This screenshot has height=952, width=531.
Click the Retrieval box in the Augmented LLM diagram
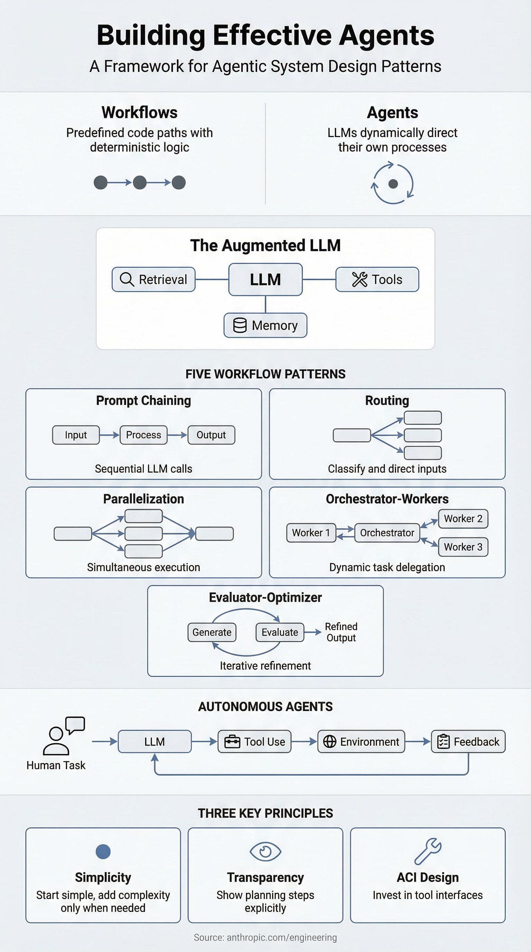(154, 280)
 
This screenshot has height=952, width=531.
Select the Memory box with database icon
(265, 325)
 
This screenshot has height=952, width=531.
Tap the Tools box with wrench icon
(377, 280)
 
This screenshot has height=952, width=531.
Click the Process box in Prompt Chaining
(143, 435)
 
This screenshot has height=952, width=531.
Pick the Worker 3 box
(463, 547)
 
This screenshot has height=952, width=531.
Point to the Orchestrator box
(387, 532)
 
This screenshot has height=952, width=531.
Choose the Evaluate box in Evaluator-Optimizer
(279, 632)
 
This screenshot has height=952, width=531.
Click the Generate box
(212, 632)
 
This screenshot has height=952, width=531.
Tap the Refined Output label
(341, 632)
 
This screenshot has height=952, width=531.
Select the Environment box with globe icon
(361, 742)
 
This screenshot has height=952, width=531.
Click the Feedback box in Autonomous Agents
(468, 742)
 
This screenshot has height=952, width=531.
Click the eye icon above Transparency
(265, 852)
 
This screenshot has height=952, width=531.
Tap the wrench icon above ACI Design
(427, 851)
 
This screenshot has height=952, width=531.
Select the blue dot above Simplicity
(103, 852)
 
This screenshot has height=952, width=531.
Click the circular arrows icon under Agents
(392, 183)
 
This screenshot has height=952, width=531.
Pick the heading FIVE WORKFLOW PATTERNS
(265, 374)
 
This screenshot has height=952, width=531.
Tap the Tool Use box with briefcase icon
(255, 742)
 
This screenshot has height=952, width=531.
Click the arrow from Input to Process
(109, 435)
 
